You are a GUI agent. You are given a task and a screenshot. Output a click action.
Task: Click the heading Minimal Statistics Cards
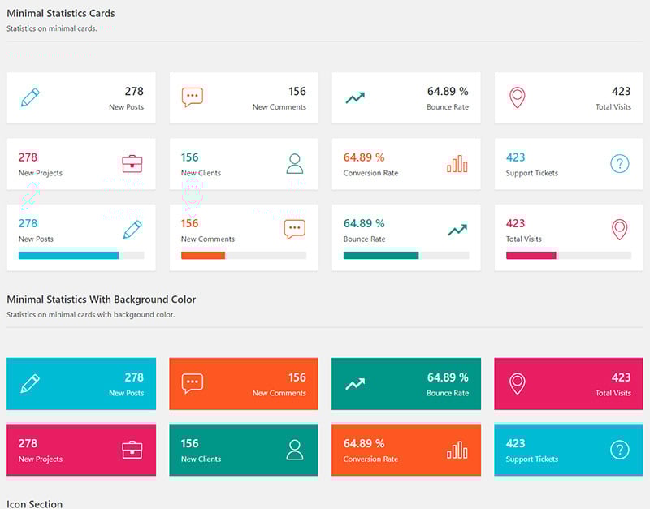(x=61, y=13)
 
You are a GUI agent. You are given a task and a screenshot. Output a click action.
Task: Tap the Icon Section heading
(x=34, y=504)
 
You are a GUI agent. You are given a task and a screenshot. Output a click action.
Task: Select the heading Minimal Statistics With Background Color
(x=102, y=300)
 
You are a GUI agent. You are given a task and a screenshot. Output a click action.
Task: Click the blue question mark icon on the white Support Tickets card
(x=620, y=164)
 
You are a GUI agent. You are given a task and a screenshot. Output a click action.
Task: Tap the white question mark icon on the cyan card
(x=620, y=450)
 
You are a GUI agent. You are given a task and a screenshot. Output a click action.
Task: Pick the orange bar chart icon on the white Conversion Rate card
(x=457, y=164)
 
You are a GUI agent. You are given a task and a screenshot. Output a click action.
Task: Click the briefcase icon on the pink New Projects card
(x=132, y=450)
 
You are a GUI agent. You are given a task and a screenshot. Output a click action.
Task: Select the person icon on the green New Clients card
(x=295, y=450)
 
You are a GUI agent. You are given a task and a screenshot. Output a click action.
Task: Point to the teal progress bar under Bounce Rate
(x=381, y=255)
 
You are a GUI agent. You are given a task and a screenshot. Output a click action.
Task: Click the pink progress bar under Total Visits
(x=531, y=255)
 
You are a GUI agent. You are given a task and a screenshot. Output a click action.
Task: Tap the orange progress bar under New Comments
(x=203, y=255)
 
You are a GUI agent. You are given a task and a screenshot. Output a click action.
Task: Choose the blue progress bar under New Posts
(x=69, y=255)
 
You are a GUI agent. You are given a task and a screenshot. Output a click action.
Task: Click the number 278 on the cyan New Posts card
(x=134, y=377)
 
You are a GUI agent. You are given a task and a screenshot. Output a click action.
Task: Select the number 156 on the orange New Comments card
(x=297, y=377)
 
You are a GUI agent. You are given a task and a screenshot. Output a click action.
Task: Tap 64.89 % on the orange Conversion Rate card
(x=364, y=444)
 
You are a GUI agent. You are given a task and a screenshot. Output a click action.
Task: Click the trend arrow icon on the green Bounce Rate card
(x=355, y=384)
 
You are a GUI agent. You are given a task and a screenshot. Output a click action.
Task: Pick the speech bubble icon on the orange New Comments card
(x=193, y=383)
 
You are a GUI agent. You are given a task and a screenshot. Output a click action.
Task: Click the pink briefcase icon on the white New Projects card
(x=132, y=164)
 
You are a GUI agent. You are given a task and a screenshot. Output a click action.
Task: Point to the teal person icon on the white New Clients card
(x=295, y=164)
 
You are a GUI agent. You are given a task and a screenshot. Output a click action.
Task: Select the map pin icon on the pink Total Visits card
(x=518, y=383)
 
